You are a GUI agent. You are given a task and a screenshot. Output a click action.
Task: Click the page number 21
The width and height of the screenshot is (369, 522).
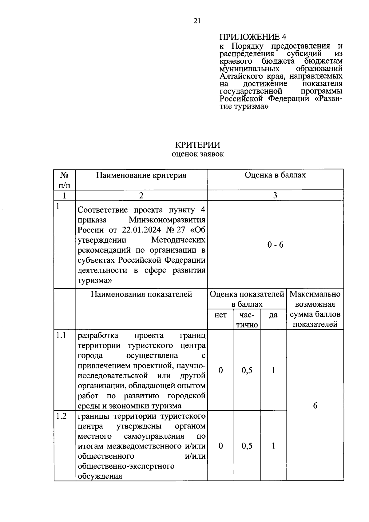197,21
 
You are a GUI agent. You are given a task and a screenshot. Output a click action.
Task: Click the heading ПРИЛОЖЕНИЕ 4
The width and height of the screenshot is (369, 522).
252,37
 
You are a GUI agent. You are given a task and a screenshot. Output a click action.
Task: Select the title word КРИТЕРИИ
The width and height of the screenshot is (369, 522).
197,145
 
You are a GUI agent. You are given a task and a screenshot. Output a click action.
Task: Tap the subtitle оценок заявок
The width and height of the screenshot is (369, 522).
197,154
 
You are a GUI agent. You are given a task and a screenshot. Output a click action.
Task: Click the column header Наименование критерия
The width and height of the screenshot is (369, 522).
141,175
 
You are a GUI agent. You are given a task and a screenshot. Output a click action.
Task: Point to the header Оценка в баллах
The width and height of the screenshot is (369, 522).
275,175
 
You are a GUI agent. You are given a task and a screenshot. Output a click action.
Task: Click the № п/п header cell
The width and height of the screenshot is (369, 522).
65,180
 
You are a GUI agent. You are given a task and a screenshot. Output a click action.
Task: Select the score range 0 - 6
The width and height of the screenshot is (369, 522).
275,245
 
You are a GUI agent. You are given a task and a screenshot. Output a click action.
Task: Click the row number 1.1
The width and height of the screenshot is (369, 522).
61,335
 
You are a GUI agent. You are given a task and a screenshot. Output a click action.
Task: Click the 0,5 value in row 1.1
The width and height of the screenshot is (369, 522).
247,370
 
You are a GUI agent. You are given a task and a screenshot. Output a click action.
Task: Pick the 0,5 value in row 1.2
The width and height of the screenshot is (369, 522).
247,446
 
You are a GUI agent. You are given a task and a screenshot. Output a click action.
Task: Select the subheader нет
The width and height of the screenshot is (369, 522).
220,315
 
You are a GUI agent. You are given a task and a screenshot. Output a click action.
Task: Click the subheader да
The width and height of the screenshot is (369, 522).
273,315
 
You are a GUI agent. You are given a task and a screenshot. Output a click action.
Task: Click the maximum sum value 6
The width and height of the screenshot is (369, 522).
315,406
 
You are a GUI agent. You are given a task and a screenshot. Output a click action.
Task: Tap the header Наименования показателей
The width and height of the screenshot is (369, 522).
141,294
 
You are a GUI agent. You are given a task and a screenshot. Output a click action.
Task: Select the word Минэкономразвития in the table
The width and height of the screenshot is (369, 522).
167,220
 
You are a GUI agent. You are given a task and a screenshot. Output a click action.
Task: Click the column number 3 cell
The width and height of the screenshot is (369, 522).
275,195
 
